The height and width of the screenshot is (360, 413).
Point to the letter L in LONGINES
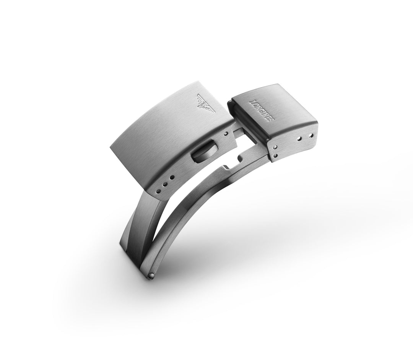(251, 101)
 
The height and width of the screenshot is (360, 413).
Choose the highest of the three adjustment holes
(172, 177)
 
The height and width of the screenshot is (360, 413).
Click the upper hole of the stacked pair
(275, 147)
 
